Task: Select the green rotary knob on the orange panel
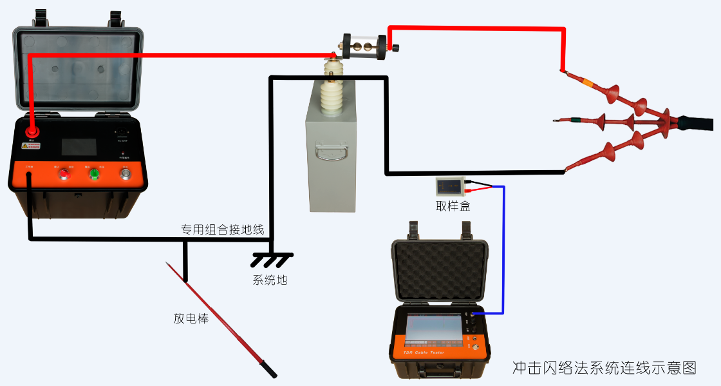(x=95, y=173)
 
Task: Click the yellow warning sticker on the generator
(x=30, y=146)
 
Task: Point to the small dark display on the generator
(x=79, y=146)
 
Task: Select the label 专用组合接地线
(x=222, y=229)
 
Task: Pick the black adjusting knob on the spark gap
(x=395, y=47)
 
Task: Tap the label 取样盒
(x=453, y=206)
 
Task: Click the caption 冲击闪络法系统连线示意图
(x=604, y=368)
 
